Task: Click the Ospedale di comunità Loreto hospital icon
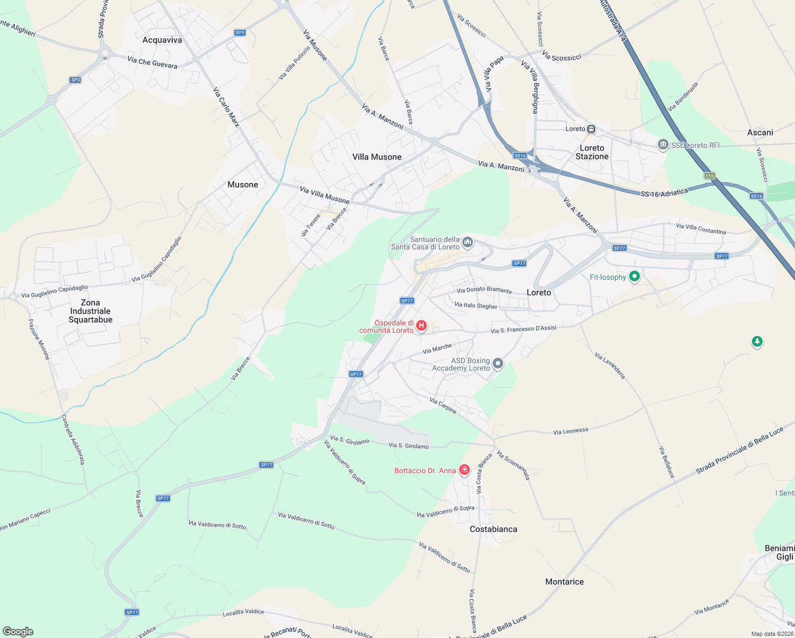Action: pyautogui.click(x=421, y=325)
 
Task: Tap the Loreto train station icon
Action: pyautogui.click(x=591, y=129)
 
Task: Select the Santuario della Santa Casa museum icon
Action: pyautogui.click(x=468, y=243)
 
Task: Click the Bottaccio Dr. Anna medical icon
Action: pyautogui.click(x=464, y=470)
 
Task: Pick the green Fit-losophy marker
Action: pyautogui.click(x=634, y=276)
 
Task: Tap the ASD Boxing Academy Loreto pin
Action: pyautogui.click(x=498, y=364)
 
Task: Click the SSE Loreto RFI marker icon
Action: pyautogui.click(x=663, y=145)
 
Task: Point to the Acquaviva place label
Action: pyautogui.click(x=162, y=40)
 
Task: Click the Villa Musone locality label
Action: pyautogui.click(x=377, y=157)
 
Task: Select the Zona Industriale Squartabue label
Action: pyautogui.click(x=90, y=311)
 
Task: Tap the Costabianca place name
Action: pyautogui.click(x=493, y=529)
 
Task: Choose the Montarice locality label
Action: pyautogui.click(x=564, y=582)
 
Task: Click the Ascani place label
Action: pyautogui.click(x=760, y=132)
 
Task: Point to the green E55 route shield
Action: pyautogui.click(x=710, y=175)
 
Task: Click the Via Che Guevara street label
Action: pyautogui.click(x=152, y=62)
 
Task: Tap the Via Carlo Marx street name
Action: pyautogui.click(x=226, y=107)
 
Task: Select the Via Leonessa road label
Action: pyautogui.click(x=570, y=431)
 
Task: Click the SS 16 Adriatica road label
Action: pyautogui.click(x=664, y=192)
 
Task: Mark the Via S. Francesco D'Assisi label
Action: pyautogui.click(x=523, y=330)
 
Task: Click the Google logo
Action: pyautogui.click(x=18, y=632)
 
